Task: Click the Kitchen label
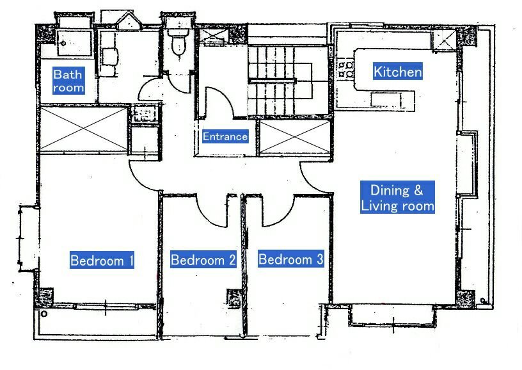click(x=398, y=72)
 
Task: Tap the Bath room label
click(x=68, y=81)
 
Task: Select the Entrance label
click(x=225, y=136)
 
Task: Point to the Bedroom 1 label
click(x=102, y=261)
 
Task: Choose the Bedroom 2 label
click(x=203, y=260)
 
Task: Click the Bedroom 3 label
click(x=290, y=259)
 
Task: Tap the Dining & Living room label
click(x=397, y=198)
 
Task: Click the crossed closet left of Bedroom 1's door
click(x=84, y=129)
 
